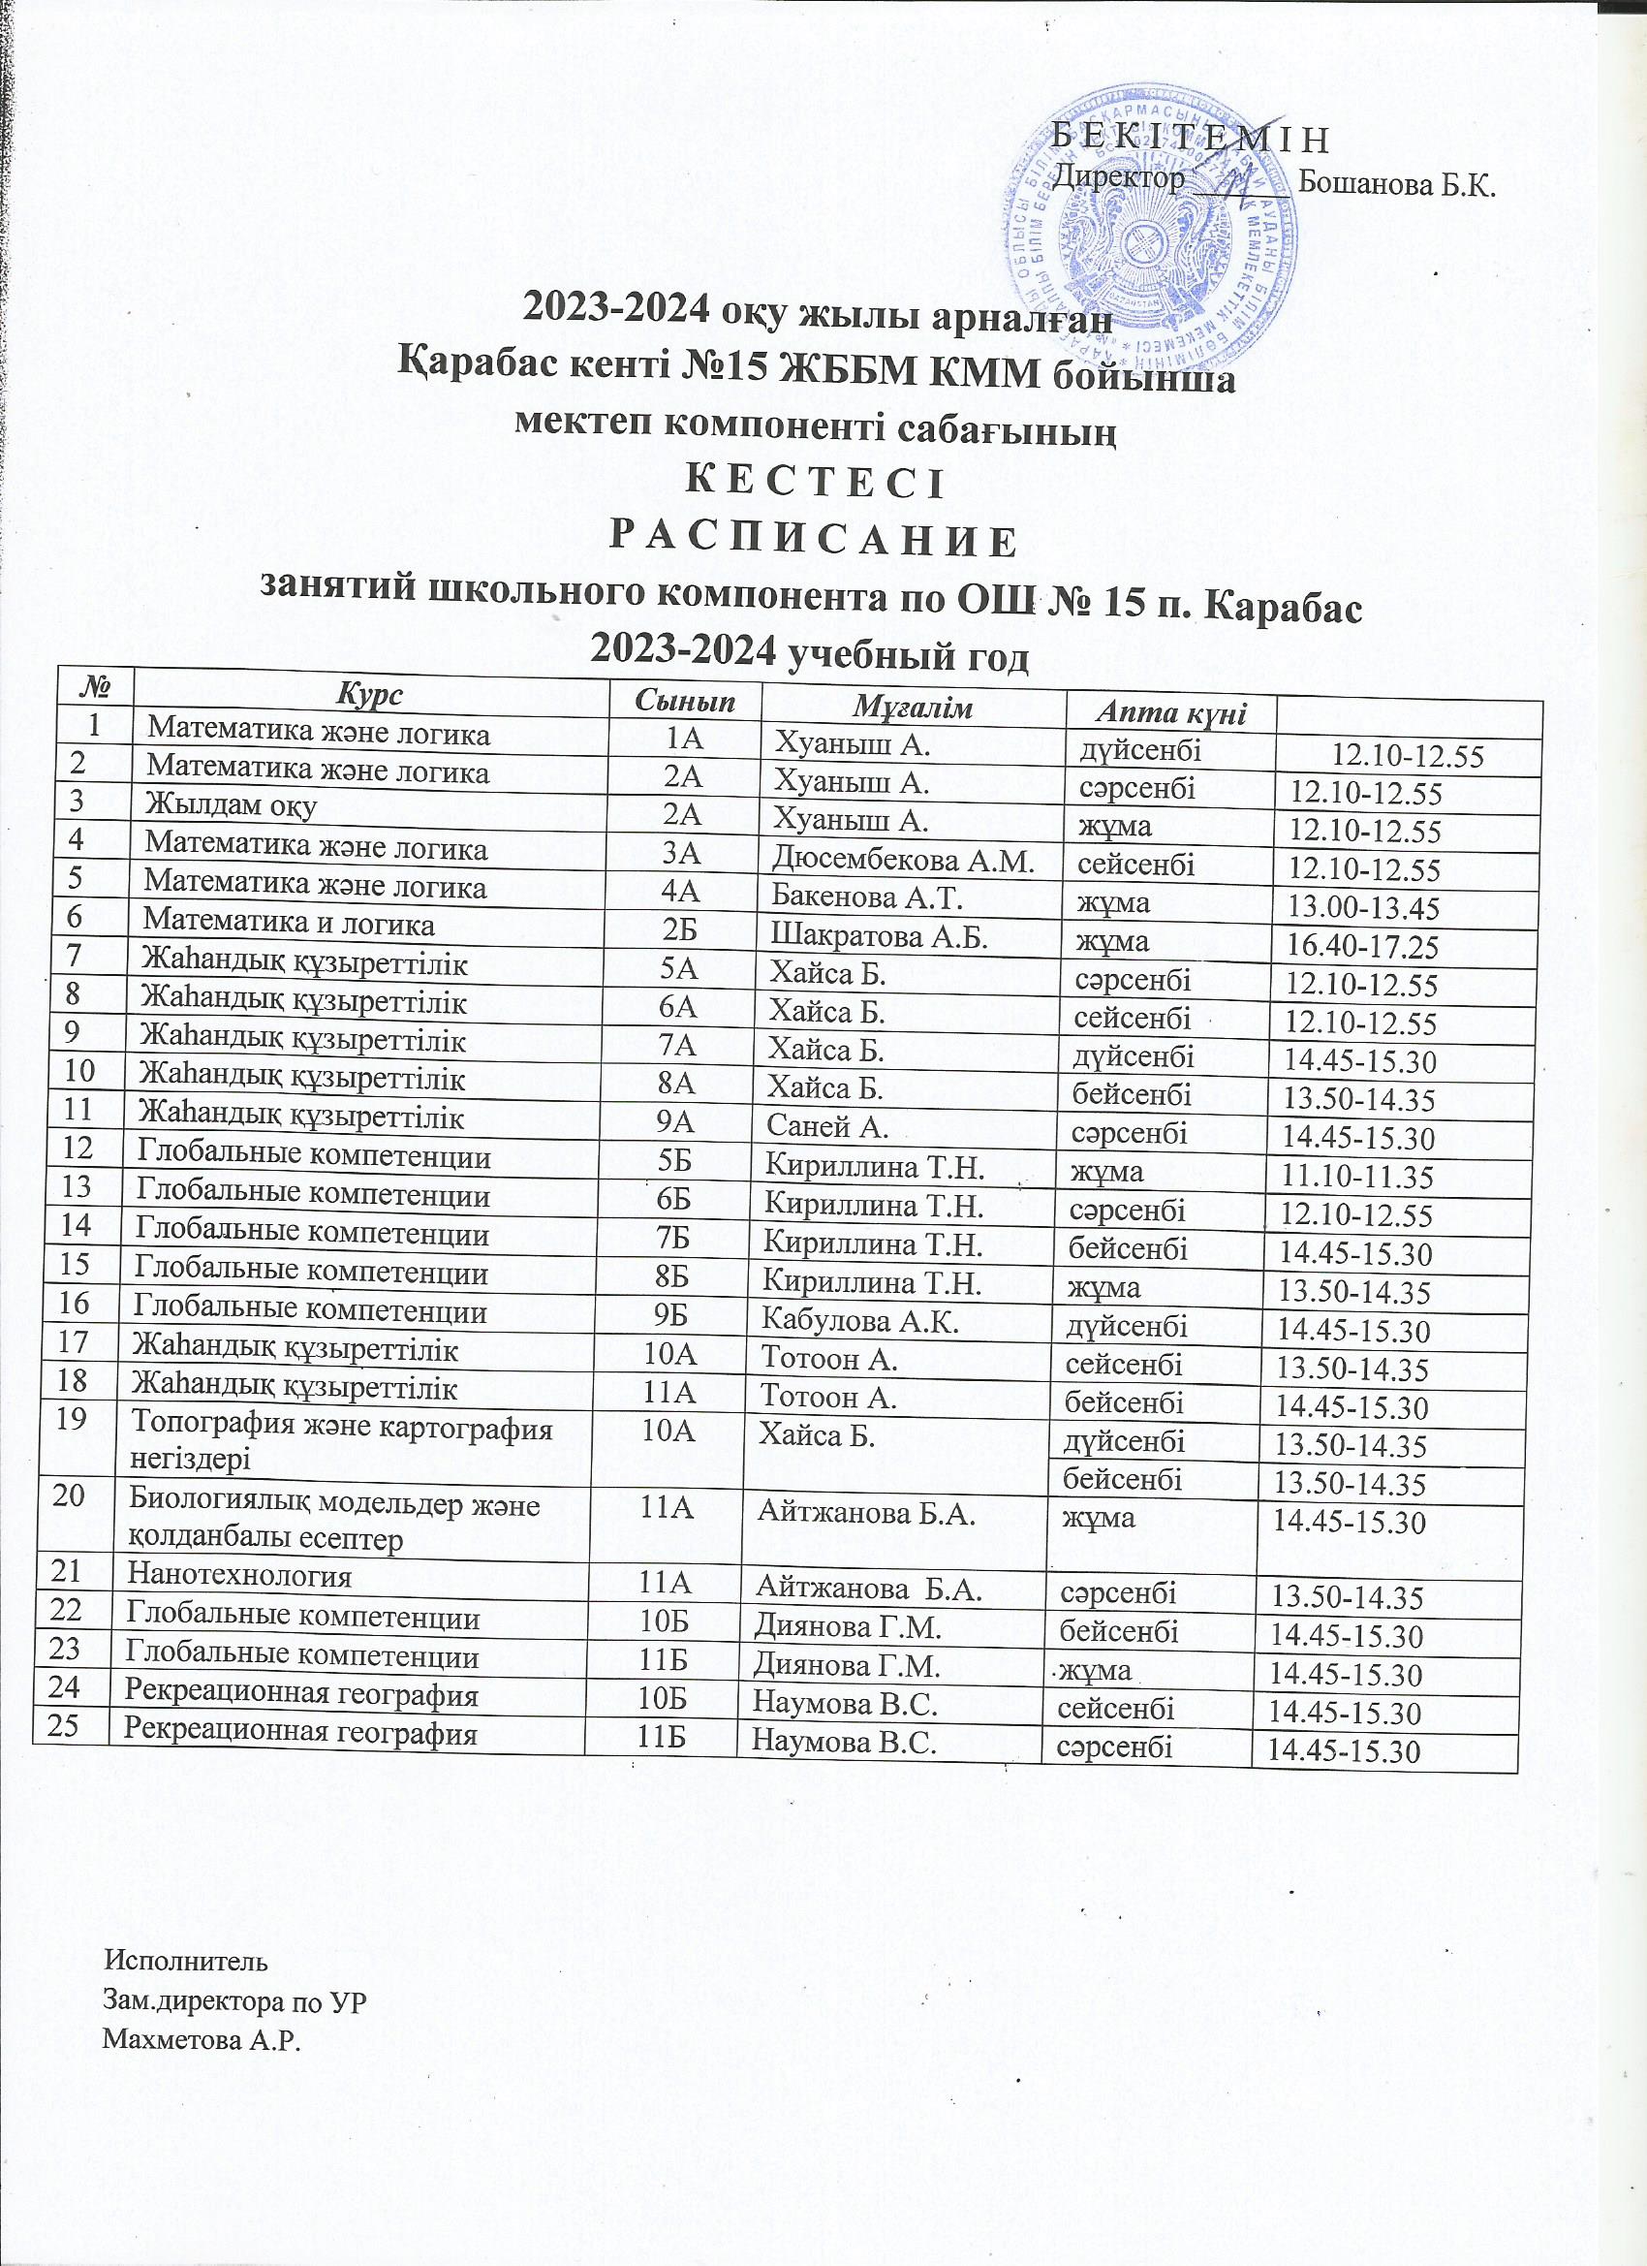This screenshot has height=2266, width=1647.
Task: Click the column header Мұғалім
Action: coord(911,709)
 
